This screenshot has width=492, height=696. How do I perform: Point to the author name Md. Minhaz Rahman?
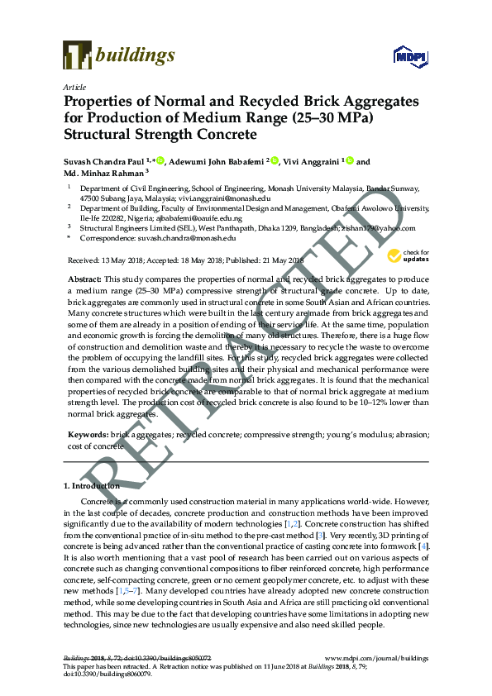pos(103,174)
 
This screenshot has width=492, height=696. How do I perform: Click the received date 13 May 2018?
pos(122,260)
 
